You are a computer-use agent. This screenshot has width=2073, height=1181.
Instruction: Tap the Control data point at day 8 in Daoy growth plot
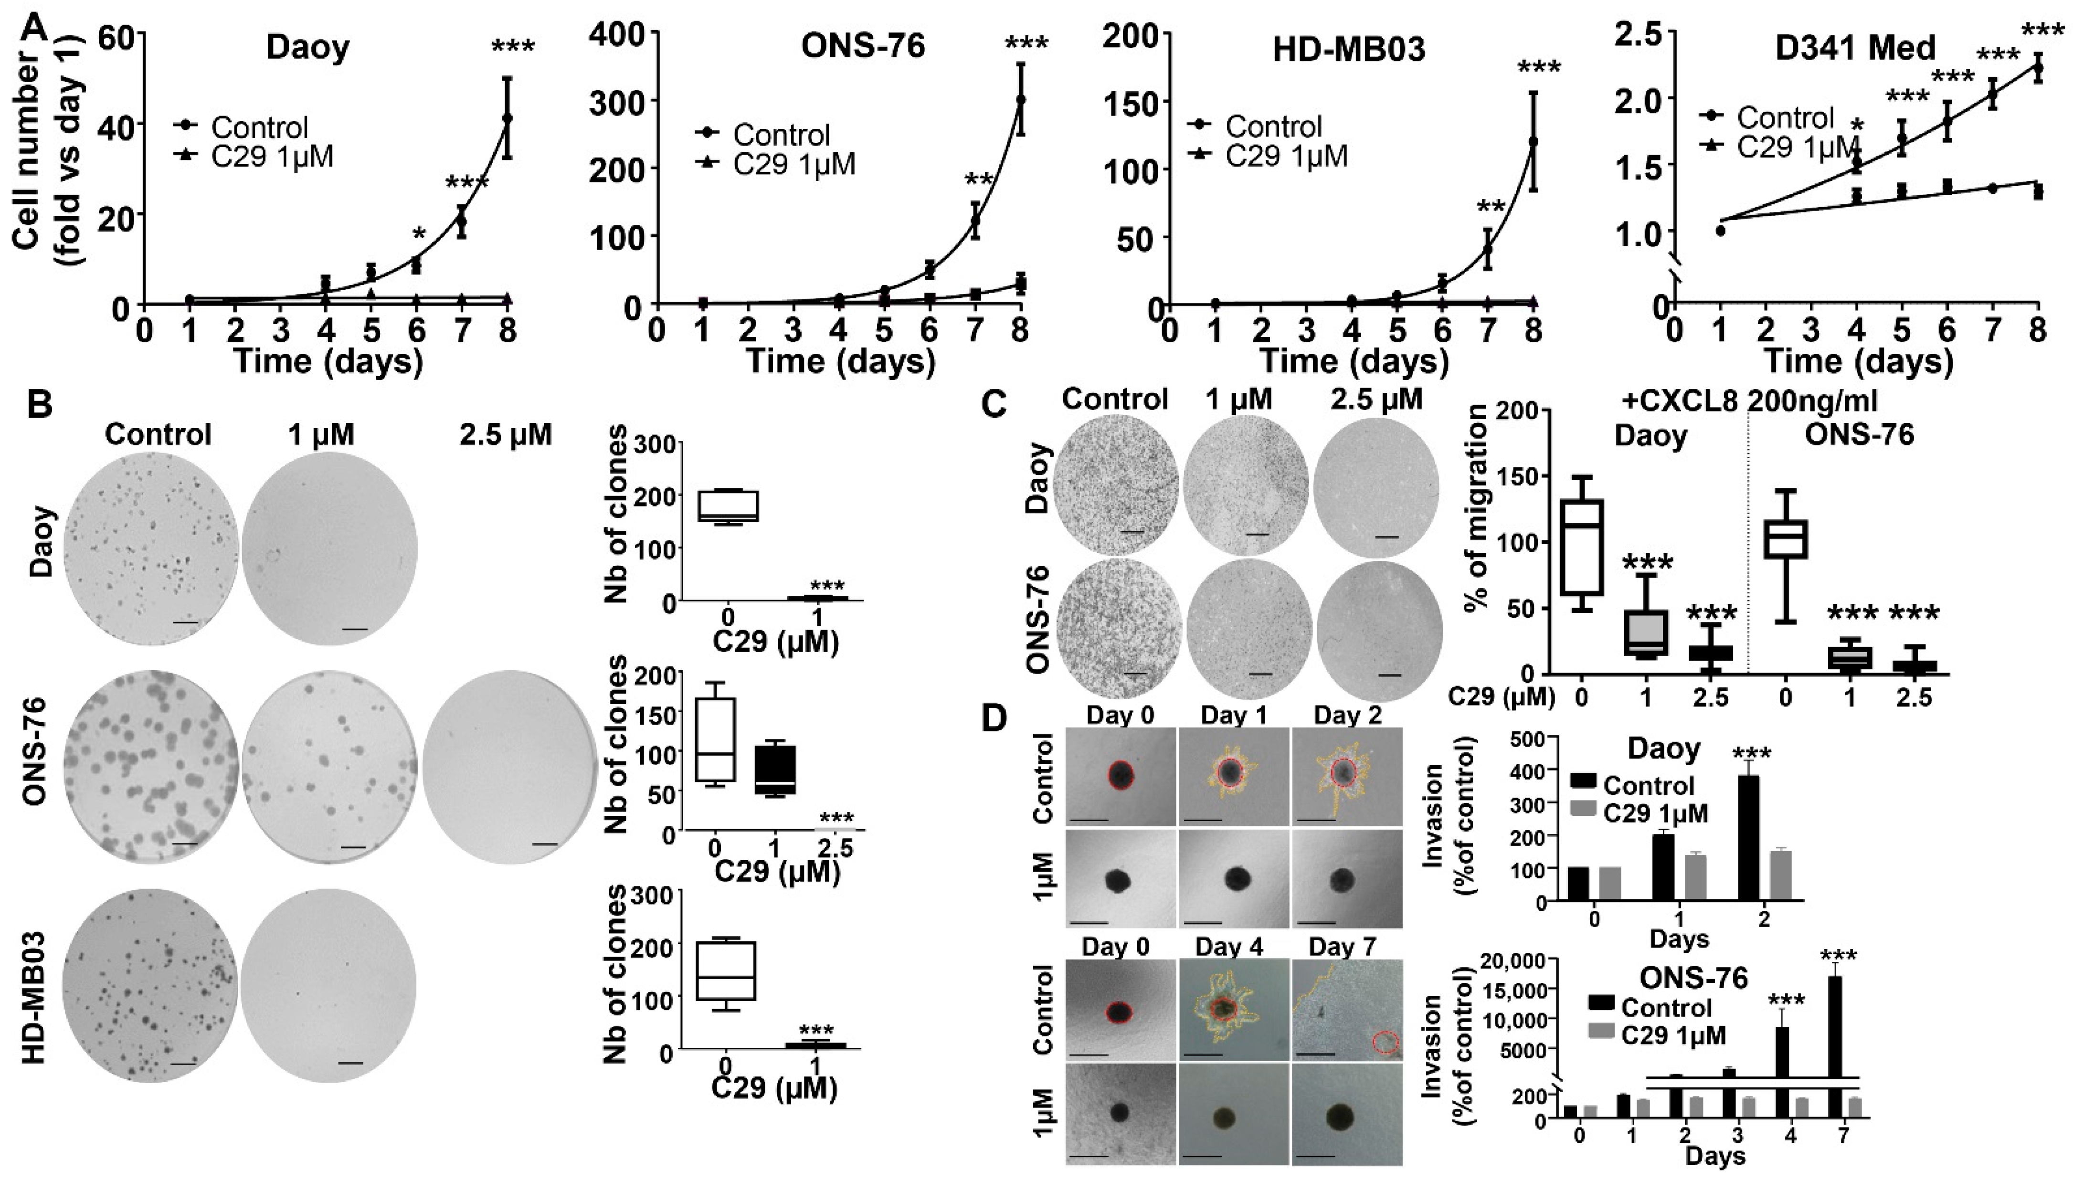[507, 118]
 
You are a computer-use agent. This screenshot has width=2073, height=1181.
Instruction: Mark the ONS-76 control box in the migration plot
[1785, 538]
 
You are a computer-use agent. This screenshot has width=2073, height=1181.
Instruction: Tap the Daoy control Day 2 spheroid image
[1347, 776]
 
